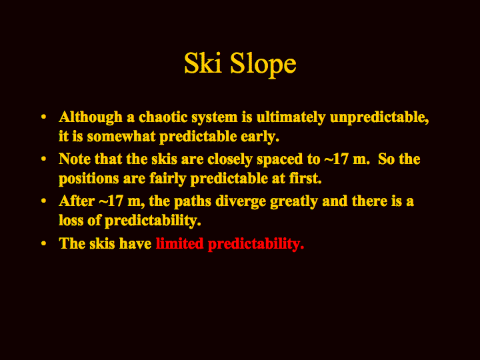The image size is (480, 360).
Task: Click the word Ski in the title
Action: pyautogui.click(x=203, y=63)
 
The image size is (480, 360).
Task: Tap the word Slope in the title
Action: pyautogui.click(x=263, y=65)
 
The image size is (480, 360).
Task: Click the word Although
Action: pyautogui.click(x=91, y=117)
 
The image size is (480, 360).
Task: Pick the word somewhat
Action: pyautogui.click(x=121, y=137)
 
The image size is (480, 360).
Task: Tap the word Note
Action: pyautogui.click(x=75, y=159)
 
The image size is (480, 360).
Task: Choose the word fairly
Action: pyautogui.click(x=168, y=179)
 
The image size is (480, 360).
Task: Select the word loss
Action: pyautogui.click(x=71, y=221)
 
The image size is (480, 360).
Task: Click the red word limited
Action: pyautogui.click(x=180, y=244)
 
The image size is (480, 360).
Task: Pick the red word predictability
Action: pyautogui.click(x=256, y=245)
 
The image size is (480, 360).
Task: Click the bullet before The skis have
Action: pyautogui.click(x=44, y=244)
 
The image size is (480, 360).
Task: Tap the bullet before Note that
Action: pyautogui.click(x=44, y=159)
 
